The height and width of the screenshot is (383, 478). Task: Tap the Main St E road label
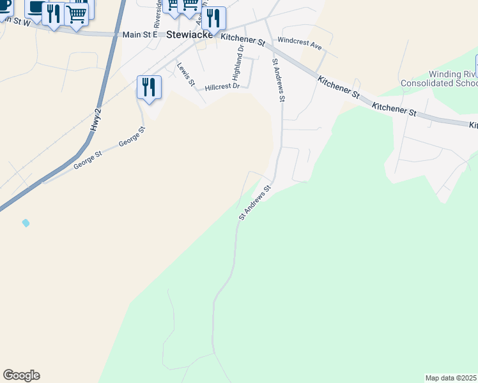(139, 34)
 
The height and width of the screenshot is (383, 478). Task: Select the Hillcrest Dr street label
(222, 87)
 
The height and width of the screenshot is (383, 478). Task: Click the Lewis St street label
(185, 73)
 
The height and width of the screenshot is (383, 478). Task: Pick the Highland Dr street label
(238, 57)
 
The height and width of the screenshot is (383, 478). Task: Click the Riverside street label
(158, 13)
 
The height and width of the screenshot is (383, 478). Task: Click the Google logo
(21, 375)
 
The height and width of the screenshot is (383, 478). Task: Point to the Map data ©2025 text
(451, 378)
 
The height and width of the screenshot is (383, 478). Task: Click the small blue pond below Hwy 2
(26, 223)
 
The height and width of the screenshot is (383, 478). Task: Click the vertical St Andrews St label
(279, 80)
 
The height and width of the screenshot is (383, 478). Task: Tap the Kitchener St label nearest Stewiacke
(243, 41)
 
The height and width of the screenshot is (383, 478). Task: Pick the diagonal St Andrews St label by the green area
(256, 203)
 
